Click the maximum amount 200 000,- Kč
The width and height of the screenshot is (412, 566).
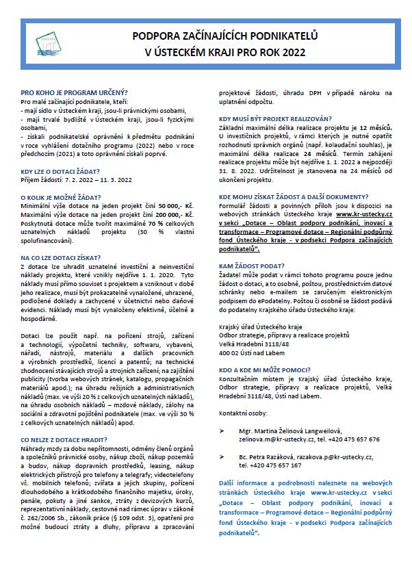pyautogui.click(x=177, y=214)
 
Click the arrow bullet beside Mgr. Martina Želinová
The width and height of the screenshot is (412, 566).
pyautogui.click(x=222, y=432)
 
